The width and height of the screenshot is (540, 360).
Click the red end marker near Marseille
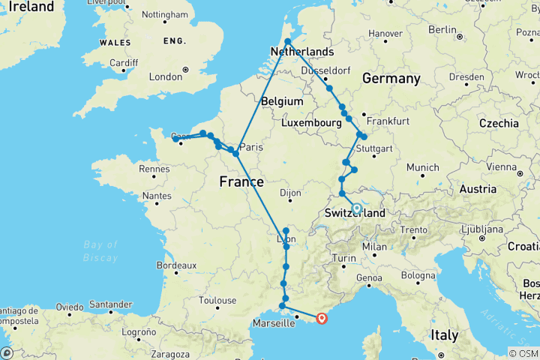pyautogui.click(x=322, y=317)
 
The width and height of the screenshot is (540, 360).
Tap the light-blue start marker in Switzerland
pyautogui.click(x=357, y=209)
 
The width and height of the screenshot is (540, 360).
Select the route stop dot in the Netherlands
pyautogui.click(x=287, y=42)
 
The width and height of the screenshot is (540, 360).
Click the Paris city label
pyautogui.click(x=253, y=148)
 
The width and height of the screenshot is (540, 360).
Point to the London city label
pyautogui.click(x=166, y=76)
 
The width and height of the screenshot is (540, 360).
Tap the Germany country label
pyautogui.click(x=391, y=79)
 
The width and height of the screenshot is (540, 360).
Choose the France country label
pyautogui.click(x=241, y=181)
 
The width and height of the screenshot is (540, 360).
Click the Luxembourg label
pyautogui.click(x=311, y=122)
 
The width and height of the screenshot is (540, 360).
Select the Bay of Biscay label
pyautogui.click(x=101, y=250)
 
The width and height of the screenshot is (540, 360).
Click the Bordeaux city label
pyautogui.click(x=176, y=265)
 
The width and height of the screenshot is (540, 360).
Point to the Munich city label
pyautogui.click(x=424, y=167)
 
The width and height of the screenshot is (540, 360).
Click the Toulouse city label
pyautogui.click(x=217, y=301)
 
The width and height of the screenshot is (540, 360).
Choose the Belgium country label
pyautogui.click(x=283, y=101)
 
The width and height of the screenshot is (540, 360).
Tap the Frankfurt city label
pyautogui.click(x=388, y=121)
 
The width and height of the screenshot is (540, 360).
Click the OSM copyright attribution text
pyautogui.click(x=523, y=353)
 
